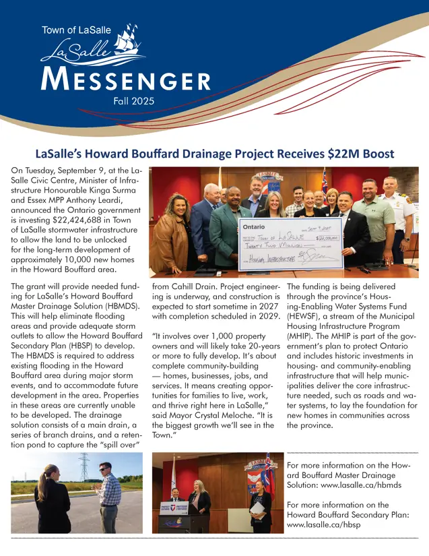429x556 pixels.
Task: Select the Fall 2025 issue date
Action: pyautogui.click(x=133, y=101)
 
